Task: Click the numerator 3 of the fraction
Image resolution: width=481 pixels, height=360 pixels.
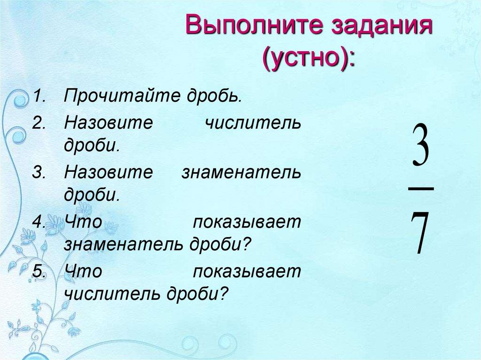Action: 421,145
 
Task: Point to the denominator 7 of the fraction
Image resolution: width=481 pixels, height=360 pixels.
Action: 420,232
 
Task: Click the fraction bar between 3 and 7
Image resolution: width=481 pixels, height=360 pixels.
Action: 420,188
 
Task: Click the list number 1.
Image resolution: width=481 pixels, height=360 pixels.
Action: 39,97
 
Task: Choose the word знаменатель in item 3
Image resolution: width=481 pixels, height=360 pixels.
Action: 241,173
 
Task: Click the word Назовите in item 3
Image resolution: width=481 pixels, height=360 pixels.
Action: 109,173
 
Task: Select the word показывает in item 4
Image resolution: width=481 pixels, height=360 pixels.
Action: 247,222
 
